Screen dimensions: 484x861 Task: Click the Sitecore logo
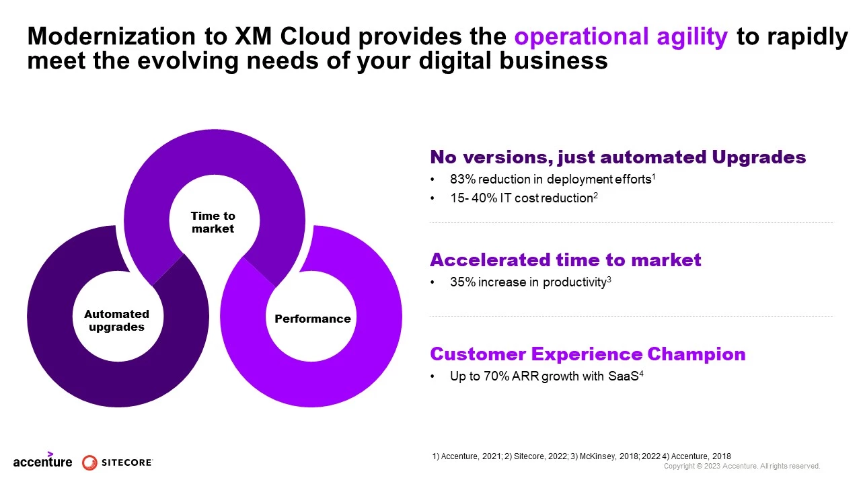[118, 462]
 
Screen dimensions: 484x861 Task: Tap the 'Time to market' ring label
[213, 222]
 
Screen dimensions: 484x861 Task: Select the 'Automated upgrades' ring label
[116, 320]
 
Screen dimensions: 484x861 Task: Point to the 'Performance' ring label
[312, 319]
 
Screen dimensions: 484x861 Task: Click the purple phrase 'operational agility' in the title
[621, 37]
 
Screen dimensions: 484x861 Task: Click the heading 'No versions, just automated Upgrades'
[617, 157]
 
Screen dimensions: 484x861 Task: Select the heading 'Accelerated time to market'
[565, 260]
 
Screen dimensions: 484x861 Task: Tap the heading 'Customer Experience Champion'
[587, 354]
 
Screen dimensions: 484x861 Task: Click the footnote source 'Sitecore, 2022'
[535, 456]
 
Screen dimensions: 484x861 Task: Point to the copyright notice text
[742, 466]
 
